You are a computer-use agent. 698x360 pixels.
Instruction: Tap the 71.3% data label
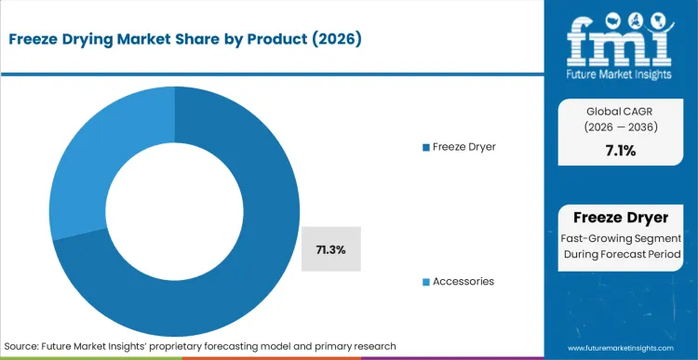[331, 249]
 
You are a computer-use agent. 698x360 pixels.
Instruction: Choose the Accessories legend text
[463, 281]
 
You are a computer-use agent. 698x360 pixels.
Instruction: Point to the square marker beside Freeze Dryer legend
[426, 147]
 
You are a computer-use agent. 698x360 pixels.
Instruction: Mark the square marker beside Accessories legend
[426, 281]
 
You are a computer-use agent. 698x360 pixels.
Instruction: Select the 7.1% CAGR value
[620, 151]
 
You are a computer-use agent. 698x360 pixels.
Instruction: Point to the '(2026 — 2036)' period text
[620, 129]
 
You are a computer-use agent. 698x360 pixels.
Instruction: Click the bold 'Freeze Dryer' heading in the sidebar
[620, 218]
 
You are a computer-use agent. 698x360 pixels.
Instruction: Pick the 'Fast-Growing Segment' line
[620, 237]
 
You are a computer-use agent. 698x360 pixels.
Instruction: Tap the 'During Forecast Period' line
[620, 254]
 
